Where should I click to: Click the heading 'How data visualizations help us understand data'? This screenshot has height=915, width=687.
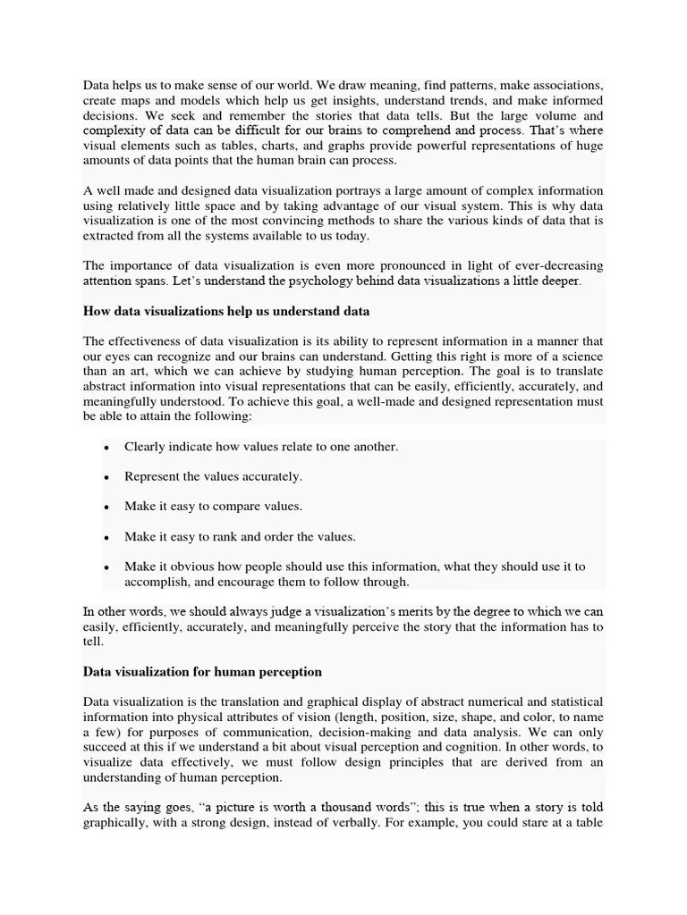coord(226,311)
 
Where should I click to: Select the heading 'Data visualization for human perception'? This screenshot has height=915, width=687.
coord(202,671)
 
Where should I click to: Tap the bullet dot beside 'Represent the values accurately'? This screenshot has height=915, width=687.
coord(106,477)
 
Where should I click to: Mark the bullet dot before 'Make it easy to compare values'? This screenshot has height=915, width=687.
coord(106,508)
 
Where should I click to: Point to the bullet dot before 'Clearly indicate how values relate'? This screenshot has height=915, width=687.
coord(106,447)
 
